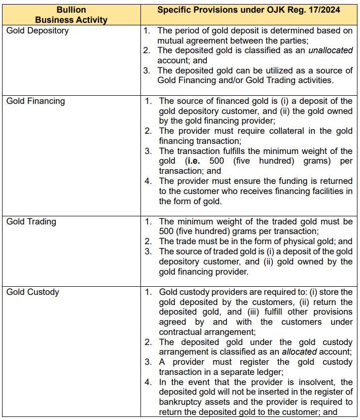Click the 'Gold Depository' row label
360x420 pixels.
tap(38, 30)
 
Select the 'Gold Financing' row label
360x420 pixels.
tap(35, 101)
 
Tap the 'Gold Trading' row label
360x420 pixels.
tap(31, 221)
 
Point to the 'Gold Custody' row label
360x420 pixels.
tap(32, 292)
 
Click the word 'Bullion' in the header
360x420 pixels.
tap(71, 10)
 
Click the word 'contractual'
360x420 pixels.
tap(184, 332)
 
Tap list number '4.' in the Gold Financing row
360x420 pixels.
tap(148, 181)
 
